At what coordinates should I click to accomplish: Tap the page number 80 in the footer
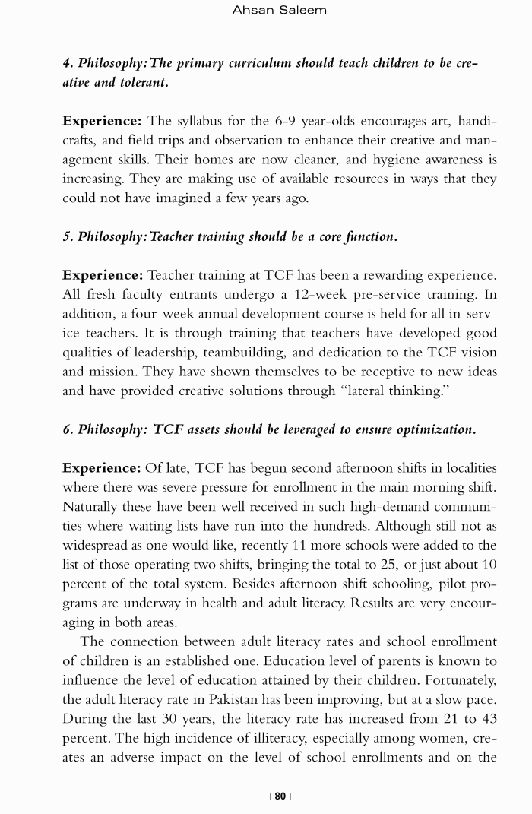(280, 796)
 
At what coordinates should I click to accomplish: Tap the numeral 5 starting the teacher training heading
(66, 236)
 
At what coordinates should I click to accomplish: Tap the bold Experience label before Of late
(102, 468)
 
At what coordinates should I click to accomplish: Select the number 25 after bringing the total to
(410, 565)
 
